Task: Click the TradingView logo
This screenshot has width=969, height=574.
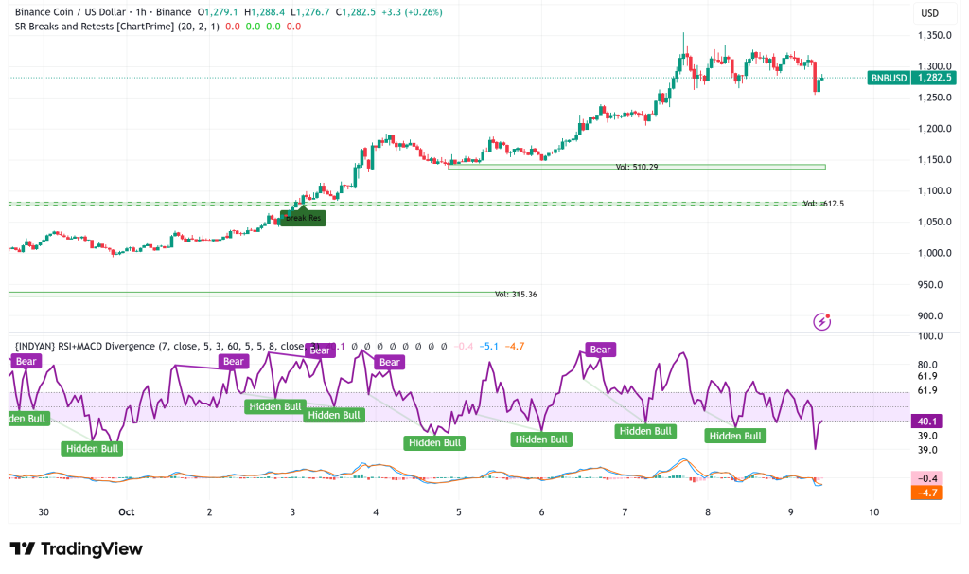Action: tap(76, 549)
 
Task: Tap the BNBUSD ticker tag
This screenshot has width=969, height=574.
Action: tap(888, 78)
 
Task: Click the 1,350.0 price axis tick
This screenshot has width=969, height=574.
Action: tap(933, 36)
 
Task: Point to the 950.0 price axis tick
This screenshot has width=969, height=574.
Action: tap(936, 285)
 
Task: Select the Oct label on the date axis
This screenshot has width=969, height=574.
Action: tap(127, 511)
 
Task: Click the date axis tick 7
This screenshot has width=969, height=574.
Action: tap(625, 511)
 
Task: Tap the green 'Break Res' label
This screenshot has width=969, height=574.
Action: tap(304, 218)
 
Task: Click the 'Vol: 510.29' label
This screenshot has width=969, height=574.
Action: tap(636, 167)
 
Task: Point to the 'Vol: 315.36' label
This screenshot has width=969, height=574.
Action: tap(516, 295)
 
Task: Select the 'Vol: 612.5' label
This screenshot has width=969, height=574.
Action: tap(823, 204)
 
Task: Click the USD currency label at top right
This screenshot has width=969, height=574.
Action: tap(929, 13)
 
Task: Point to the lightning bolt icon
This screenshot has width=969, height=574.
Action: tap(822, 322)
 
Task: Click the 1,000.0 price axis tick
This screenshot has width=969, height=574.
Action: tap(933, 254)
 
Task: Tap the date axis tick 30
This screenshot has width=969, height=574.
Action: tap(44, 511)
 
